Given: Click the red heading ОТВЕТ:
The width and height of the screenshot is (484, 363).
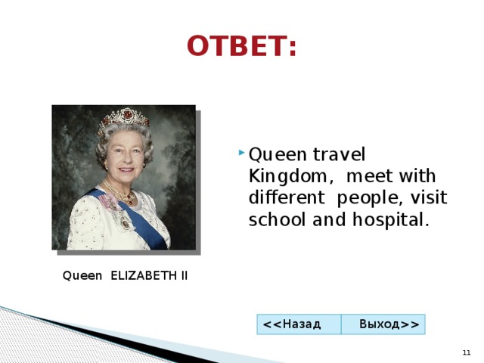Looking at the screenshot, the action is point(241,45).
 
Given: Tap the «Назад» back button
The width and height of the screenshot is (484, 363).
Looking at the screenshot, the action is point(299,324).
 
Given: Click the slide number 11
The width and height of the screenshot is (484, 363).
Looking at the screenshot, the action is point(467,352).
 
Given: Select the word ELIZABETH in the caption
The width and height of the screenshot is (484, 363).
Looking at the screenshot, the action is point(144,275).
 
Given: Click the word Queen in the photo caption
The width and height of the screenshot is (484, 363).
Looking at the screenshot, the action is point(82,275).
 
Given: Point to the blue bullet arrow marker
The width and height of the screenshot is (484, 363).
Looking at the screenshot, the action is point(241,152).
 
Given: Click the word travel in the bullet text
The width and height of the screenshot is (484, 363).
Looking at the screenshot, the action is point(339,154).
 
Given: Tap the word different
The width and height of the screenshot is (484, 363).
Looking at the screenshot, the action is point(287,197).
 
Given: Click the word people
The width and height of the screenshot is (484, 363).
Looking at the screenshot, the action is point(370,199).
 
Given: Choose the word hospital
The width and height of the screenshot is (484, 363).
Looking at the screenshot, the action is point(391,220).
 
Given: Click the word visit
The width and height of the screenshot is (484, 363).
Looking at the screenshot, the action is point(429,197).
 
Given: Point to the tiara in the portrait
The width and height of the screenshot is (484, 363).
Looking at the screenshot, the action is point(124,117).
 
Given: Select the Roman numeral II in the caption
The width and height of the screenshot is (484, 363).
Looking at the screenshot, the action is point(184,275).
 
